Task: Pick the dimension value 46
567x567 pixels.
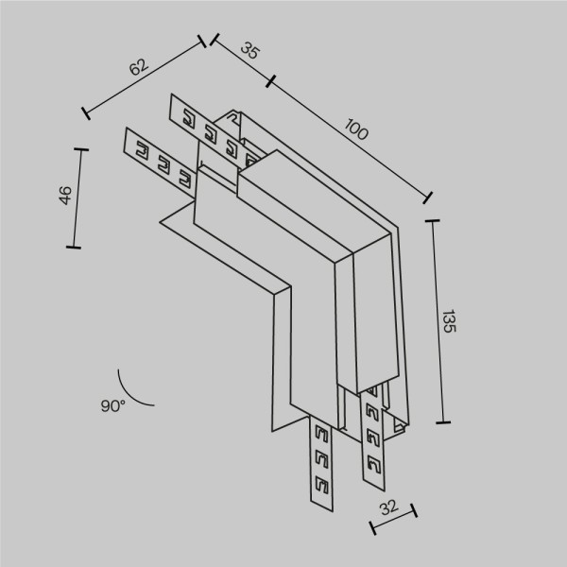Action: pyautogui.click(x=64, y=197)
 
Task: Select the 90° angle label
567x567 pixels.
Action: pyautogui.click(x=112, y=405)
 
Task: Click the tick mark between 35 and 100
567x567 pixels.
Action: pyautogui.click(x=270, y=83)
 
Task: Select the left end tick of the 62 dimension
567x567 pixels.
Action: pyautogui.click(x=86, y=114)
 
